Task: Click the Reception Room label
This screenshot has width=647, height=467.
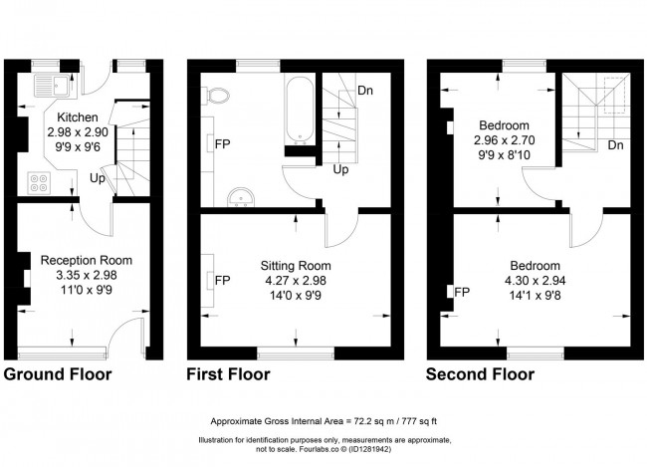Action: click(80, 260)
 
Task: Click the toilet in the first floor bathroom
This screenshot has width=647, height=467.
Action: click(220, 95)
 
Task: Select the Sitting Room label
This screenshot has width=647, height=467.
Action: click(296, 266)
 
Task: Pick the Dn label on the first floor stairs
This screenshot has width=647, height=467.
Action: click(364, 91)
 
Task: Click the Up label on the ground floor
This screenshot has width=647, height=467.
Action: click(98, 180)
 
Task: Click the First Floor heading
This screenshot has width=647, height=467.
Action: click(228, 375)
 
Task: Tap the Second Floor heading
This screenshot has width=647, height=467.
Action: click(480, 375)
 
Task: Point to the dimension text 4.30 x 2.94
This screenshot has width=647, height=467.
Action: click(535, 281)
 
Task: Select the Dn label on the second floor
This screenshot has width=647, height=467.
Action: click(615, 146)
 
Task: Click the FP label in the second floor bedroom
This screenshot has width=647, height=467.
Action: click(461, 292)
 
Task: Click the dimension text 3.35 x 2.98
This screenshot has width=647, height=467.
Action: click(80, 275)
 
